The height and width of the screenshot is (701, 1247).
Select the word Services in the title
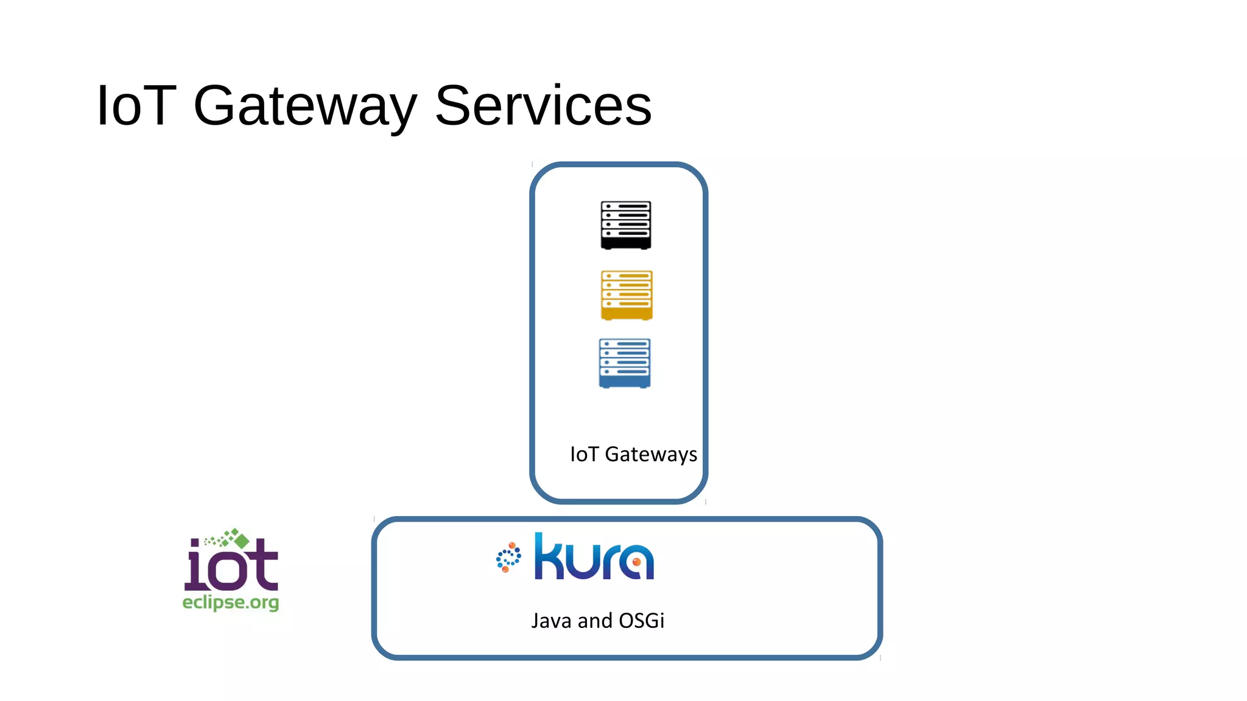click(x=543, y=106)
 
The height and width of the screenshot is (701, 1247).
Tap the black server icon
click(x=626, y=225)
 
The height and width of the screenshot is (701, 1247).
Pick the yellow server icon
click(x=627, y=295)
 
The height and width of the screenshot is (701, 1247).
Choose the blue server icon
click(x=625, y=363)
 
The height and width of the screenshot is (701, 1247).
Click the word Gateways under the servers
click(x=651, y=455)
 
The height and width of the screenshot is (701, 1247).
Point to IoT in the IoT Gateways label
click(x=584, y=454)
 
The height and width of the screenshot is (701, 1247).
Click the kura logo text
click(x=594, y=557)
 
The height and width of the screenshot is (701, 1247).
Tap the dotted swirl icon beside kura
click(x=508, y=557)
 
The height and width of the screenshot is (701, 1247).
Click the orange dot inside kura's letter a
click(x=636, y=562)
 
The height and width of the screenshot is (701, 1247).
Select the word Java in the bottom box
click(x=552, y=621)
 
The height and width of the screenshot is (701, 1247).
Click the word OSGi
click(x=641, y=621)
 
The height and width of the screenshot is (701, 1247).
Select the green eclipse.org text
click(x=231, y=602)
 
